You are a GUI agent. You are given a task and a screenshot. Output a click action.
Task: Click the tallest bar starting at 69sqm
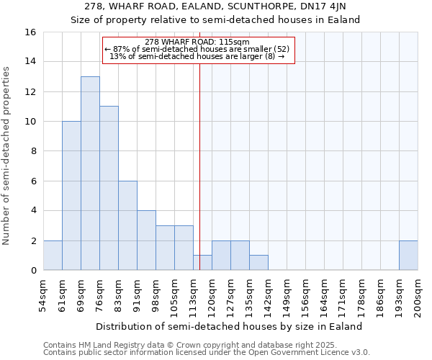tap(90, 173)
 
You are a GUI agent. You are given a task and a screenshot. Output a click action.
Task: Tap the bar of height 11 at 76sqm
tap(109, 188)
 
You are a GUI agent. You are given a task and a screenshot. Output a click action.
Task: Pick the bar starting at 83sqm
tap(127, 225)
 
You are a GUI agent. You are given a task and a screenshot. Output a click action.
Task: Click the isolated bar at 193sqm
tap(408, 256)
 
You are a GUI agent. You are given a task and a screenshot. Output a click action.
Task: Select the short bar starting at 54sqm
tap(53, 256)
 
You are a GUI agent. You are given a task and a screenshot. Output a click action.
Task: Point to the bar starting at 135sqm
tap(258, 263)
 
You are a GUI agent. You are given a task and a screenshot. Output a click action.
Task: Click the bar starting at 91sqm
tap(146, 240)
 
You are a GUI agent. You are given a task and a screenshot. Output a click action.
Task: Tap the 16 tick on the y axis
tap(31, 32)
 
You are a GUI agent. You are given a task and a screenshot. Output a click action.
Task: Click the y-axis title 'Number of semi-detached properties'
tap(7, 155)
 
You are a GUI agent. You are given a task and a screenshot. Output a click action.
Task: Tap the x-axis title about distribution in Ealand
tap(229, 326)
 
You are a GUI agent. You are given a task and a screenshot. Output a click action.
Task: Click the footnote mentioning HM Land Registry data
tap(181, 345)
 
